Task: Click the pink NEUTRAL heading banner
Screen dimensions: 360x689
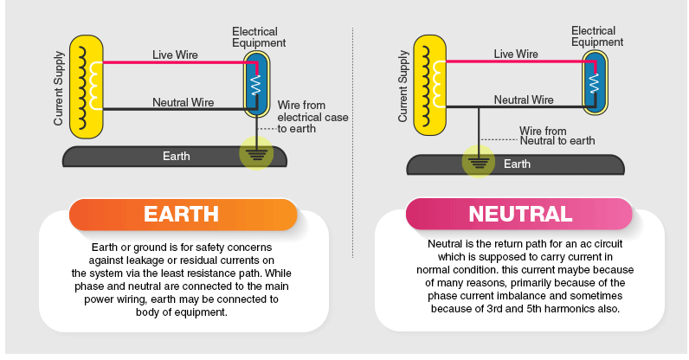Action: [519, 214]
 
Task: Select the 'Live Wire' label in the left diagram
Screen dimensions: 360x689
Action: [175, 55]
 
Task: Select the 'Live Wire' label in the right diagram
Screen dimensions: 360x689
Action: [516, 54]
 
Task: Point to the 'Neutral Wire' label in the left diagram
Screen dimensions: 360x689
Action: [183, 102]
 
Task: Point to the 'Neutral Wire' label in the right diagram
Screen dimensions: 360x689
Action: [524, 100]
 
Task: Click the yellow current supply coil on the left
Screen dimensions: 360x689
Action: [85, 86]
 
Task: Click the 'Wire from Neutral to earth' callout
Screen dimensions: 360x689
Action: [557, 135]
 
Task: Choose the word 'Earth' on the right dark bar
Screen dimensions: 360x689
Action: [517, 164]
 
